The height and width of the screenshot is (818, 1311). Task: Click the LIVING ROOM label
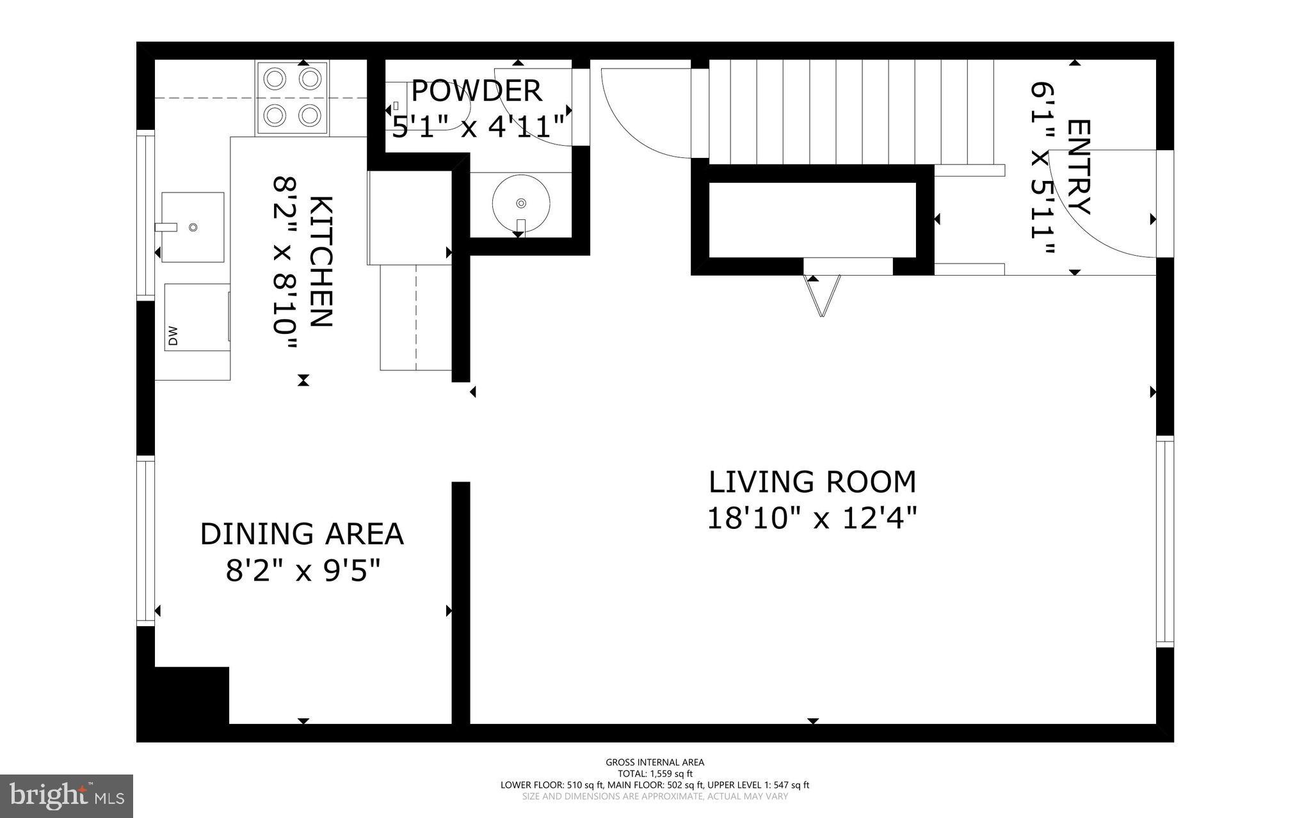pos(812,482)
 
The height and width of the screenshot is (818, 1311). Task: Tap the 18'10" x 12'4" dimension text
pos(812,518)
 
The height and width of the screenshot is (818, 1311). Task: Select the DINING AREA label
pos(302,534)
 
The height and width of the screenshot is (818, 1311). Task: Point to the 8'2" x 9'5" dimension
pos(303,570)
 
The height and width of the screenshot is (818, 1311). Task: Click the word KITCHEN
pos(321,262)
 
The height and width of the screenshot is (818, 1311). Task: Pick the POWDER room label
pos(476,91)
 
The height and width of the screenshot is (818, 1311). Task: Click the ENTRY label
pos(1078,167)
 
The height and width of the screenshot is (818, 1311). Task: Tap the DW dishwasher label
pos(173,337)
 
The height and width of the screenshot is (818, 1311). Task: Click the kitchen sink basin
pos(193,227)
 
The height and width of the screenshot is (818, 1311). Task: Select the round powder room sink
pos(520,203)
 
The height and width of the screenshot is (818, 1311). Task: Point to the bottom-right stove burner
pos(310,116)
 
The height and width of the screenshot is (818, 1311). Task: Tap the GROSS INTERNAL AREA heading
pos(655,762)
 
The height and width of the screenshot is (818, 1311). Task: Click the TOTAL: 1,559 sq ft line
pos(655,773)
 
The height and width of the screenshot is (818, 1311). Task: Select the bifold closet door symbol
pos(822,295)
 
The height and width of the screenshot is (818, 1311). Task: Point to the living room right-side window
pos(1165,541)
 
